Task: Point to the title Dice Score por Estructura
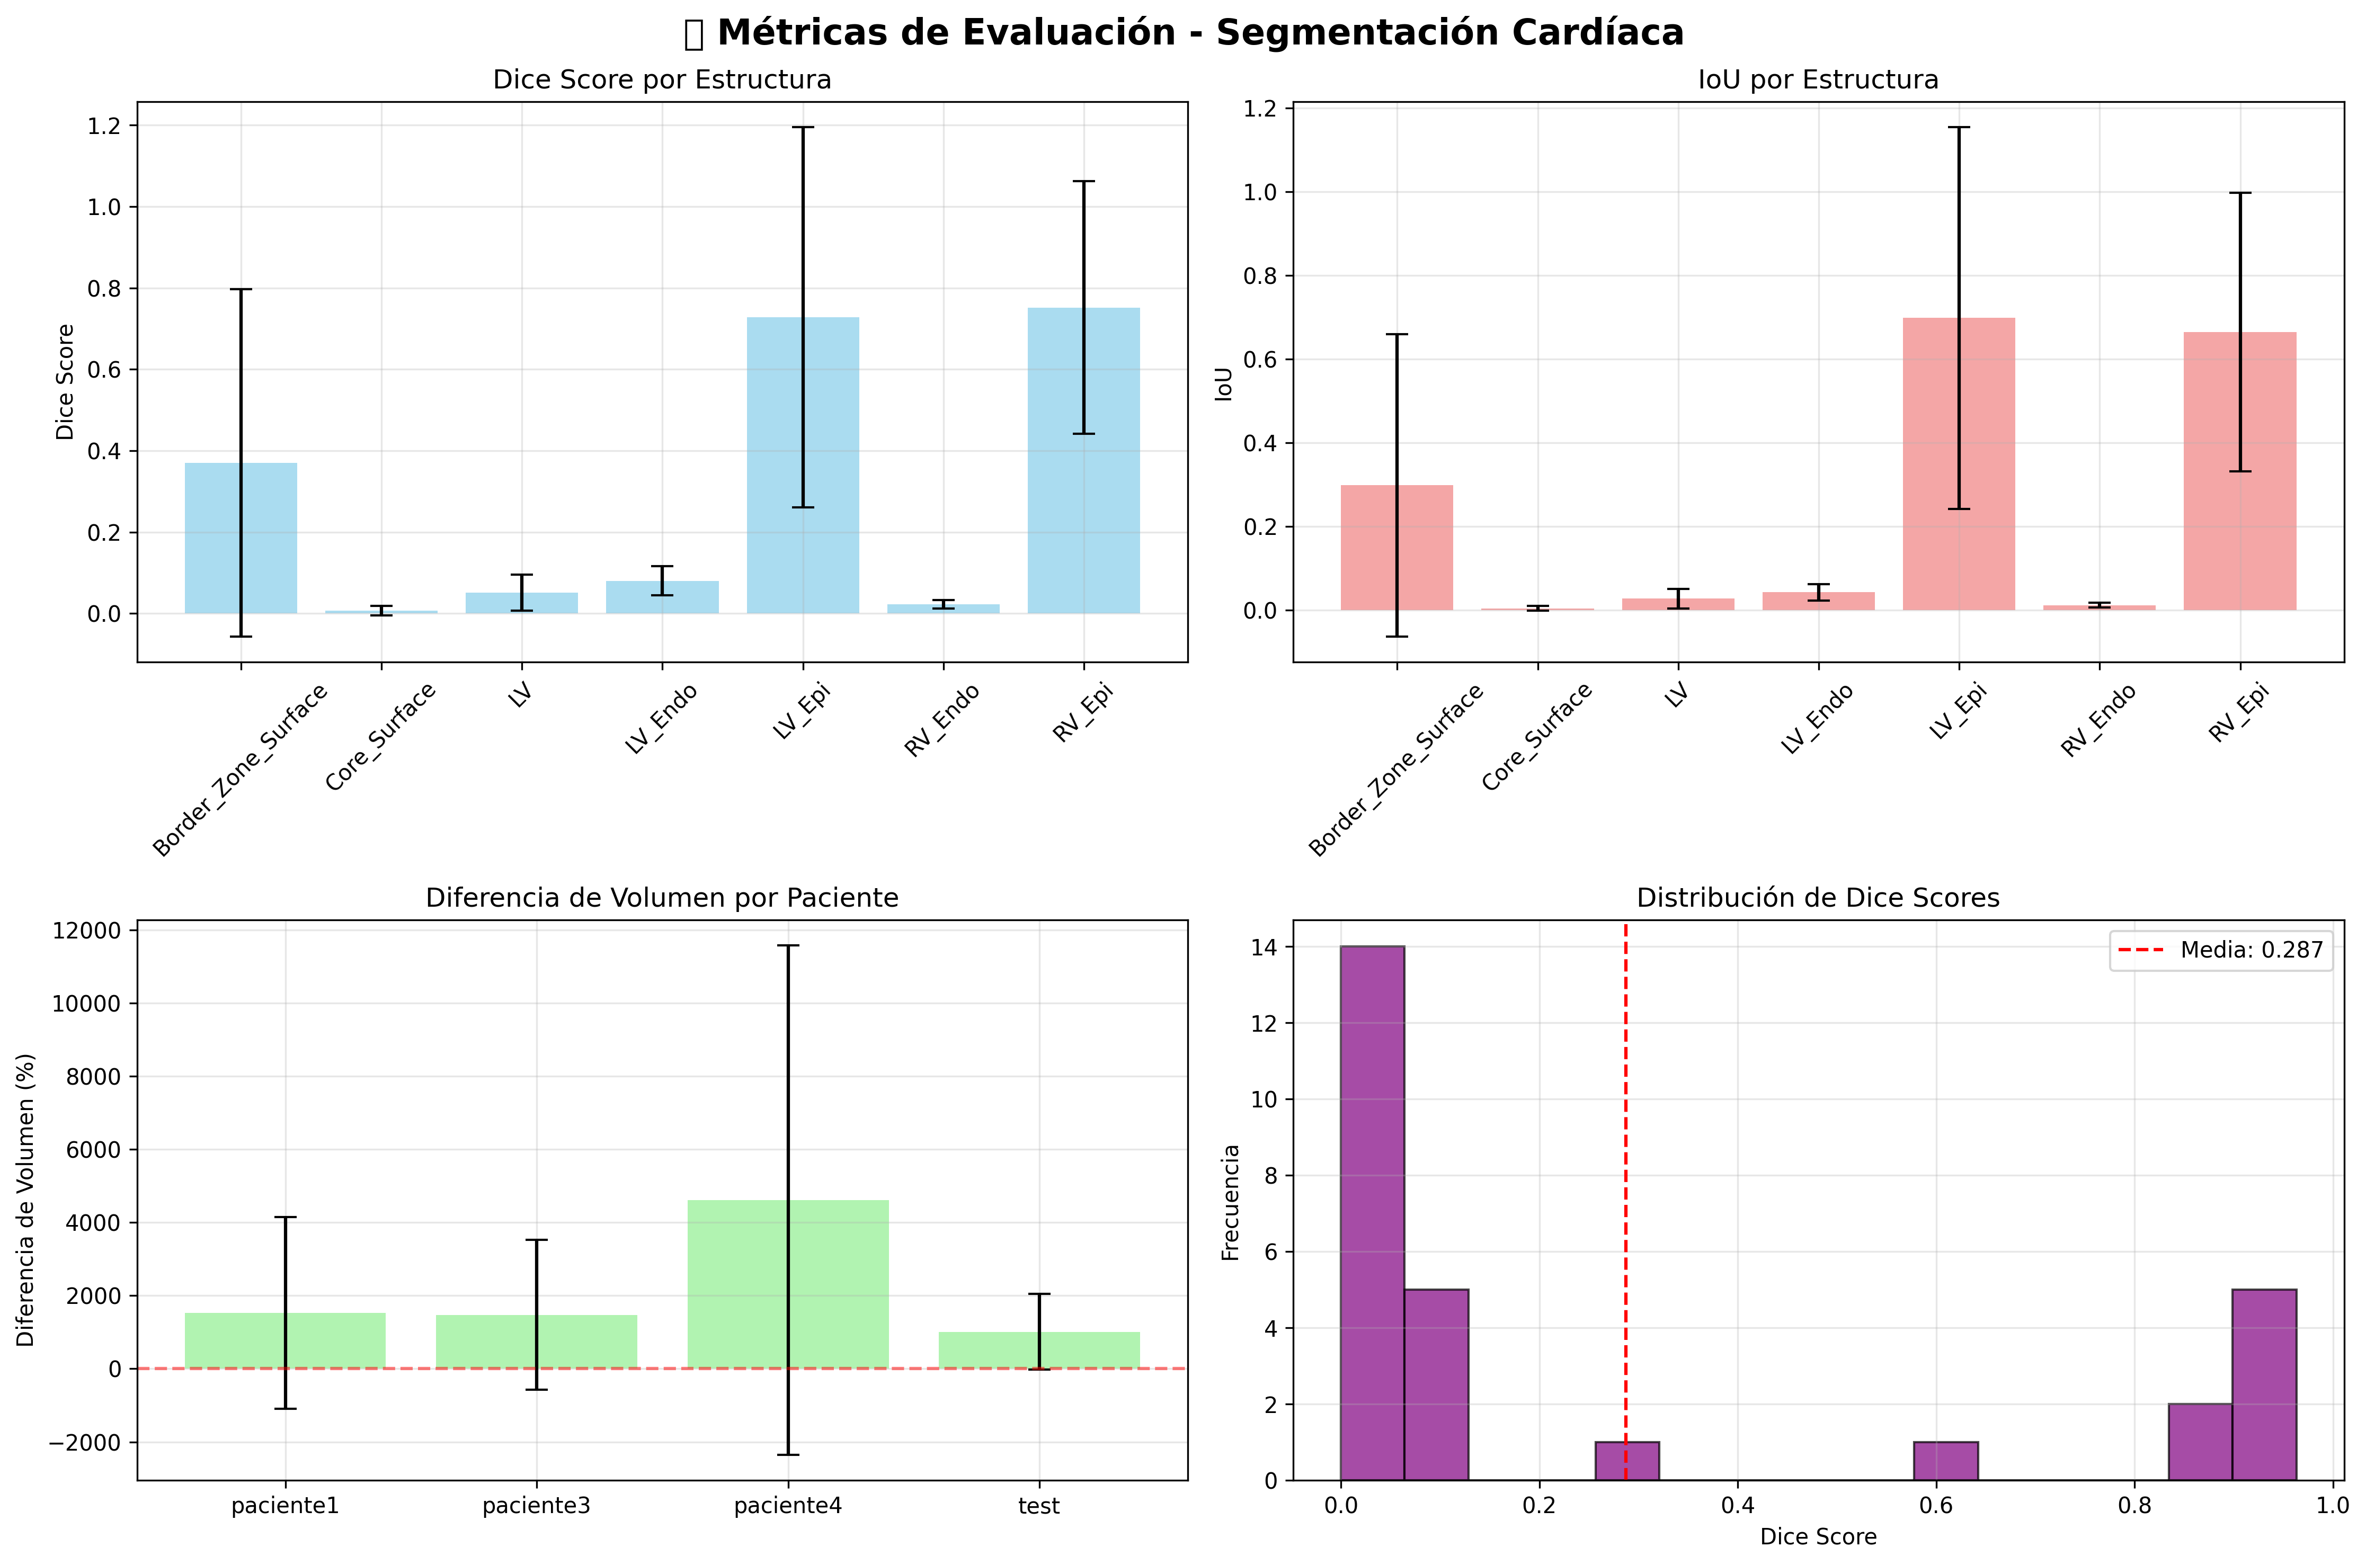tap(662, 80)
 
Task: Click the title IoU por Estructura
tap(1818, 80)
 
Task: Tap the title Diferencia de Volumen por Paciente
tap(662, 898)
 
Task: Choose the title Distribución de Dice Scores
tap(1818, 898)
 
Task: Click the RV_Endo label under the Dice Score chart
tap(941, 721)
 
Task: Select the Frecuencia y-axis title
tap(1230, 1202)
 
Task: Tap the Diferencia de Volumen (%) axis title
tap(26, 1200)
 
